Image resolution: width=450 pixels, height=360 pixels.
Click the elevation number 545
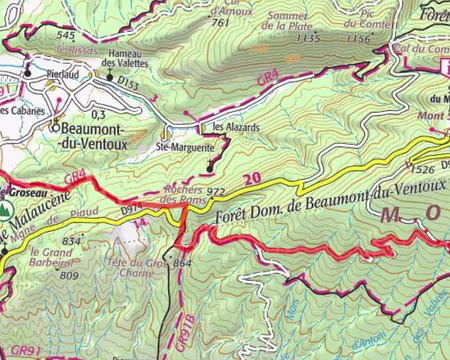click(67, 35)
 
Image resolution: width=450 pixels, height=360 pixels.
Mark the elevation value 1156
click(357, 39)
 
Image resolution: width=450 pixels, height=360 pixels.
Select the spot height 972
click(219, 190)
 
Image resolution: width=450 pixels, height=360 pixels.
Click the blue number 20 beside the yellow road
click(251, 178)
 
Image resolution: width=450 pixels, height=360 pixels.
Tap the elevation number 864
click(181, 263)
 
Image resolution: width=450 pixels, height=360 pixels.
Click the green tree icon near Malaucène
click(7, 211)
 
